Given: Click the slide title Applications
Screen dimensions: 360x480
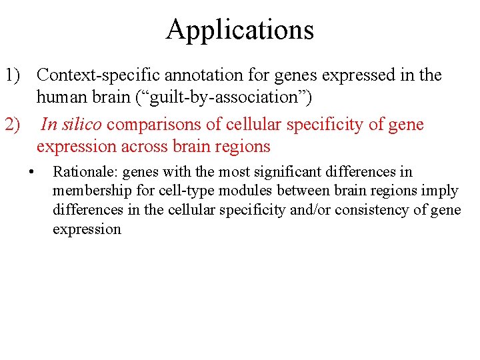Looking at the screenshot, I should pyautogui.click(x=240, y=30).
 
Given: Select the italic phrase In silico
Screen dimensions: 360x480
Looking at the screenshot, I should pyautogui.click(x=71, y=125).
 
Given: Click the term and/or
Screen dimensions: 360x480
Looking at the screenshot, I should pyautogui.click(x=315, y=211).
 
